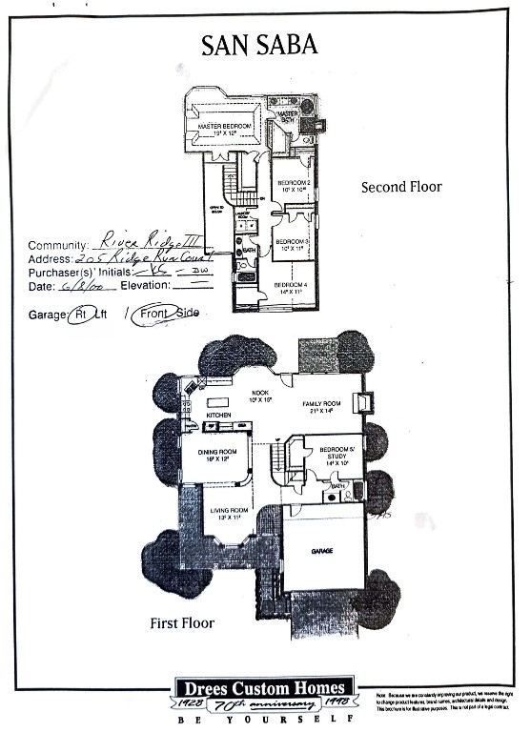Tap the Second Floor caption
click(400, 187)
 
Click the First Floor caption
click(181, 623)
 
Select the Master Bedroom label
click(224, 127)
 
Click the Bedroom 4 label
click(292, 285)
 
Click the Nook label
click(259, 393)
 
